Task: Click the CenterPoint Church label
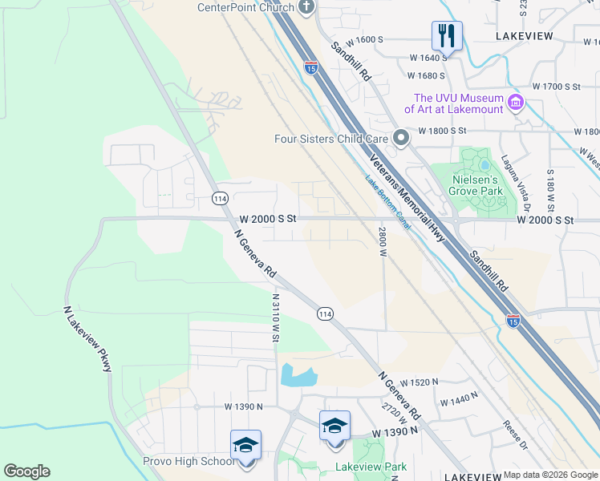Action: (246, 7)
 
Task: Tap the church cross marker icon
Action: (306, 7)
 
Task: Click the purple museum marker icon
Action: (516, 103)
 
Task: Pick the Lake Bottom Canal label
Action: (387, 204)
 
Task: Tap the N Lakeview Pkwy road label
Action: (87, 338)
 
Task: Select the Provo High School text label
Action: (189, 462)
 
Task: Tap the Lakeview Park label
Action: (371, 467)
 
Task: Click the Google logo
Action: (26, 471)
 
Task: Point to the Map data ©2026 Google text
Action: (550, 475)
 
